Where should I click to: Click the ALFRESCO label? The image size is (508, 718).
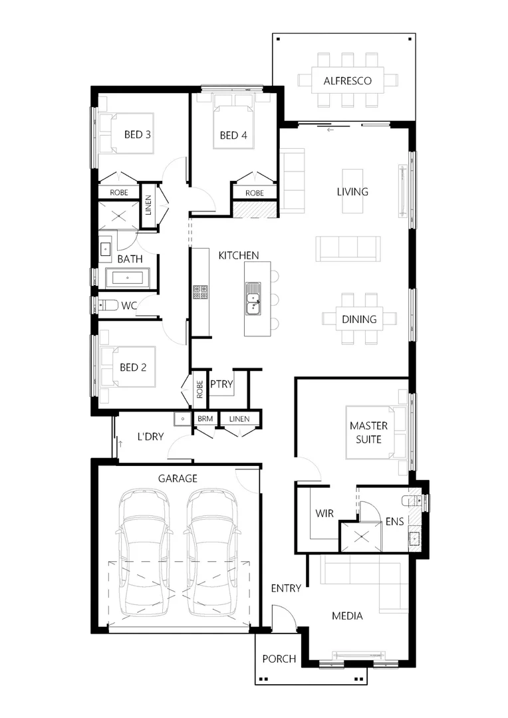tap(347, 82)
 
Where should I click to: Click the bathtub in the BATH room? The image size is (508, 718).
tap(128, 278)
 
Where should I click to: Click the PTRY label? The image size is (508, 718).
tap(221, 384)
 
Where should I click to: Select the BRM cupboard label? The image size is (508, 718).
tap(203, 419)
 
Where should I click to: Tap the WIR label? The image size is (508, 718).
tap(324, 513)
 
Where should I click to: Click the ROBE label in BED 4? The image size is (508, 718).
tap(254, 193)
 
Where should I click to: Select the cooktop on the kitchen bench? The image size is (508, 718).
tap(201, 291)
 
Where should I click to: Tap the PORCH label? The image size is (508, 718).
tap(279, 659)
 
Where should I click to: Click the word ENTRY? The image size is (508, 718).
tap(286, 588)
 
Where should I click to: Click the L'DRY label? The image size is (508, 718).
tap(151, 437)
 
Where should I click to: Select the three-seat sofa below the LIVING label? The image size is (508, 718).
tap(348, 248)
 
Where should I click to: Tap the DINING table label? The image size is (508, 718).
tap(359, 319)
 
